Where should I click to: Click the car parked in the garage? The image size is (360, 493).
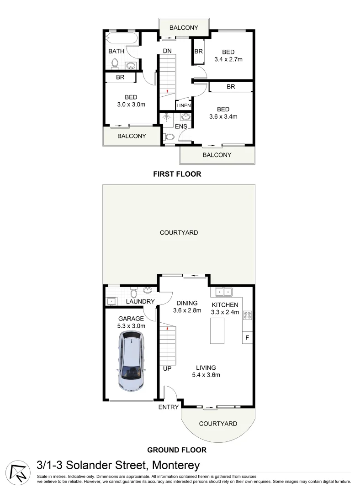point(132,360)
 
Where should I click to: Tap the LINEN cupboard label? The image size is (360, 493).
point(184,105)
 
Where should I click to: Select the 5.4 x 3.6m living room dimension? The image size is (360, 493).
point(206,375)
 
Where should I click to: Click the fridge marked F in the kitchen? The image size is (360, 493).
point(247,338)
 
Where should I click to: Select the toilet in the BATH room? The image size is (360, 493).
point(116,63)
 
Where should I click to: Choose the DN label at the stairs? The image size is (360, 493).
point(167,51)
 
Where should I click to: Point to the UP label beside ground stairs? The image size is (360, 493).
point(167,368)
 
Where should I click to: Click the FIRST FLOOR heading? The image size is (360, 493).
point(177,174)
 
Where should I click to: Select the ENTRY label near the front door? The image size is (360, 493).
point(168,407)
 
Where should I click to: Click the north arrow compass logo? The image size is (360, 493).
point(17,472)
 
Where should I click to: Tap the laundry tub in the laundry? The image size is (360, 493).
point(110,301)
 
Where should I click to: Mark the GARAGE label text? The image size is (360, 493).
point(131,319)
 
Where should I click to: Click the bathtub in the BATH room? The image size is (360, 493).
point(121,38)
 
